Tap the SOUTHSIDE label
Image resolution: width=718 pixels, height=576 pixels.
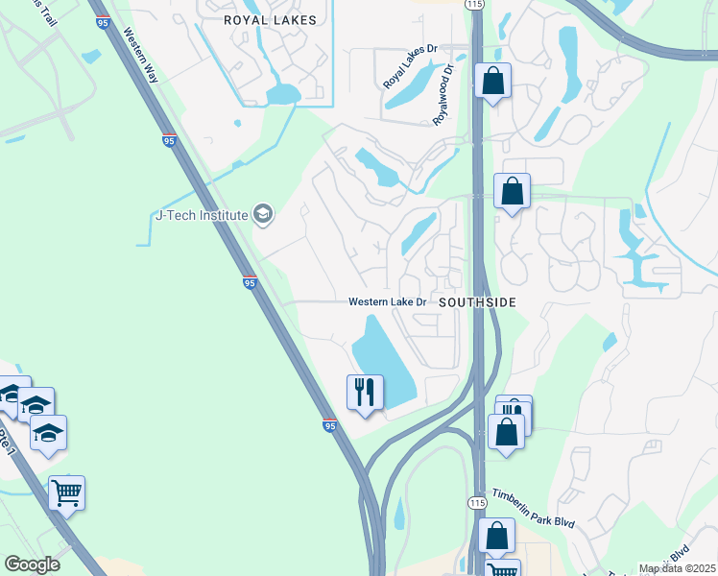(x=478, y=301)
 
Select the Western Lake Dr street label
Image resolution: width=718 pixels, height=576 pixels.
(x=388, y=301)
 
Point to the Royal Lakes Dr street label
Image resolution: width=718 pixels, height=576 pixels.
(x=409, y=69)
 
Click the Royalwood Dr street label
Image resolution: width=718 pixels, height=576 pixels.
(x=443, y=94)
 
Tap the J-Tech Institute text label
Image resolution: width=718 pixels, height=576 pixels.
(x=202, y=215)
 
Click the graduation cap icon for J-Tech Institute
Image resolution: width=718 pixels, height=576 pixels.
(x=264, y=214)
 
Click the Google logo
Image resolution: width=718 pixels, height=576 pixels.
(x=32, y=564)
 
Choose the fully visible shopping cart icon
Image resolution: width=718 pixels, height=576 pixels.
(x=66, y=493)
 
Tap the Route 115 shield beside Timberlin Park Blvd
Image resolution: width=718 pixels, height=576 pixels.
(x=478, y=503)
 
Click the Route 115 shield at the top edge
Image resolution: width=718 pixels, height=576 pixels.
(x=473, y=5)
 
